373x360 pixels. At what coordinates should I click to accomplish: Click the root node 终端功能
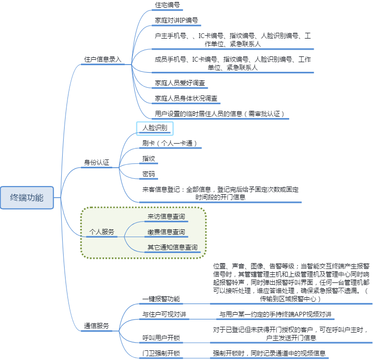(27, 197)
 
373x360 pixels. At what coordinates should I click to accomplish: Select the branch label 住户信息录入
(103, 59)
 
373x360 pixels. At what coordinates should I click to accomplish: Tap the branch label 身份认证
(97, 163)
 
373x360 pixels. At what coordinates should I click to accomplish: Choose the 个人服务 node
(102, 232)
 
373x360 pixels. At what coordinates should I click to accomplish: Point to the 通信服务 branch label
(96, 326)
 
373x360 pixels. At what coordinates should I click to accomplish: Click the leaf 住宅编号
(168, 5)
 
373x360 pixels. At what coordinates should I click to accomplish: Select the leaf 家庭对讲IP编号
(176, 21)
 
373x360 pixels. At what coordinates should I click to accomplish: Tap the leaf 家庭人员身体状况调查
(186, 98)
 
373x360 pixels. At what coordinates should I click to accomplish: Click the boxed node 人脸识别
(155, 128)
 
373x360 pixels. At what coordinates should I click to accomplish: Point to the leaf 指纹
(148, 159)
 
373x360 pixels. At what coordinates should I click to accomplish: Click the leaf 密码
(148, 174)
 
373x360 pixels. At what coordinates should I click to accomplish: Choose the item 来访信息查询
(166, 217)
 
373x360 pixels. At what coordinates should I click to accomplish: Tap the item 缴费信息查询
(166, 232)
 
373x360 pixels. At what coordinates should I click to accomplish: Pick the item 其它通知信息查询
(173, 248)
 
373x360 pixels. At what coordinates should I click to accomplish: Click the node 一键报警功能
(161, 299)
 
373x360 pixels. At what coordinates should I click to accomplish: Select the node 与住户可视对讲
(164, 315)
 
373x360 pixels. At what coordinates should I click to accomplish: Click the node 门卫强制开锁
(161, 353)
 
